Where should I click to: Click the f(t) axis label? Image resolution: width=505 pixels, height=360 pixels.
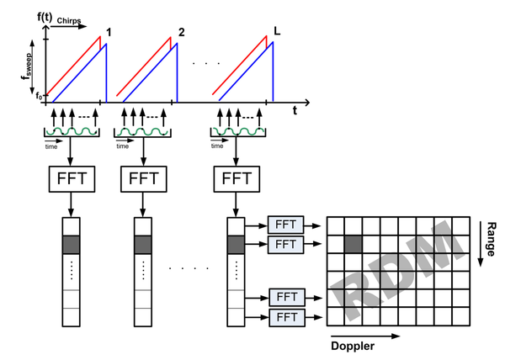pyautogui.click(x=45, y=17)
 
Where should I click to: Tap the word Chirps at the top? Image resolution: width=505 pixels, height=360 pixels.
pyautogui.click(x=69, y=21)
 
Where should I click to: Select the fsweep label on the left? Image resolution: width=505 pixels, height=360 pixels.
pyautogui.click(x=27, y=66)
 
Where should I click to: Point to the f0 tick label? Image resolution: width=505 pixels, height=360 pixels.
pyautogui.click(x=39, y=96)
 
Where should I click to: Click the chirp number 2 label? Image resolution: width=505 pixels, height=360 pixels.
pyautogui.click(x=182, y=32)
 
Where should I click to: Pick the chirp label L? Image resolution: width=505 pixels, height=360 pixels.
pyautogui.click(x=277, y=31)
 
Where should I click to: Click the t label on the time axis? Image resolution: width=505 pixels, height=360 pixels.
pyautogui.click(x=295, y=111)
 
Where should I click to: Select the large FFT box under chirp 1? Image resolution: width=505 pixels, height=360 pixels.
pyautogui.click(x=72, y=179)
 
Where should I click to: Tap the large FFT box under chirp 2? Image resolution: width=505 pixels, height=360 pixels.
pyautogui.click(x=144, y=179)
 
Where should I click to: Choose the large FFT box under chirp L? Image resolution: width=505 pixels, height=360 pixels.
pyautogui.click(x=237, y=179)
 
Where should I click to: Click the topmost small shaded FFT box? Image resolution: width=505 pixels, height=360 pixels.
pyautogui.click(x=285, y=225)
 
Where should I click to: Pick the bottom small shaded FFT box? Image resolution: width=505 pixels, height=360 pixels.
pyautogui.click(x=287, y=318)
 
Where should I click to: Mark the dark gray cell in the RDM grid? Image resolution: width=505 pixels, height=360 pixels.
pyautogui.click(x=353, y=244)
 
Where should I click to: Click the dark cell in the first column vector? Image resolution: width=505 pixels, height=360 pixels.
pyautogui.click(x=71, y=245)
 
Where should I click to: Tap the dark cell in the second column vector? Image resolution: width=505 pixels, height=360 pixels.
pyautogui.click(x=143, y=245)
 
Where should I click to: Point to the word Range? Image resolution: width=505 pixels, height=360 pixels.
pyautogui.click(x=491, y=239)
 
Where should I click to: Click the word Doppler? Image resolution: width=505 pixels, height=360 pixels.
pyautogui.click(x=353, y=347)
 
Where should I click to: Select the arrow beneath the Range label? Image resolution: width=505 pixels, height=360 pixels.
pyautogui.click(x=481, y=244)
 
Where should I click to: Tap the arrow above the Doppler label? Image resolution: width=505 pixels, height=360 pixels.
pyautogui.click(x=365, y=336)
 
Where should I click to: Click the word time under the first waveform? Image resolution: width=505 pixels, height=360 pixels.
pyautogui.click(x=51, y=146)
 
